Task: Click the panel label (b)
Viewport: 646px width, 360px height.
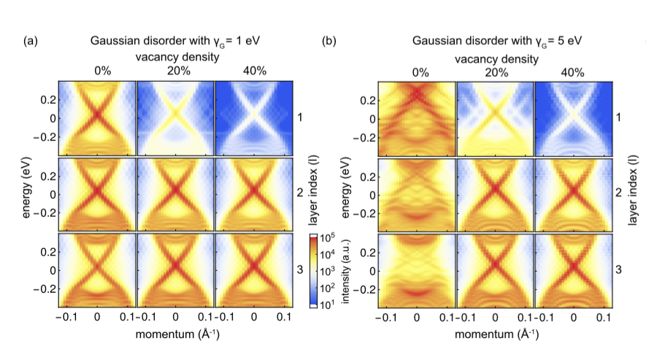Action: (330, 41)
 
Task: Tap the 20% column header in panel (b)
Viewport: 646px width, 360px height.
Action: (495, 72)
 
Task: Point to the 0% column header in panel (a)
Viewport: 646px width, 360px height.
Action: (97, 72)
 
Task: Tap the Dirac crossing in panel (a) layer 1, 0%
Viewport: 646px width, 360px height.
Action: (97, 115)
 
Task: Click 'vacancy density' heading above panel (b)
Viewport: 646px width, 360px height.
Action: (495, 56)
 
